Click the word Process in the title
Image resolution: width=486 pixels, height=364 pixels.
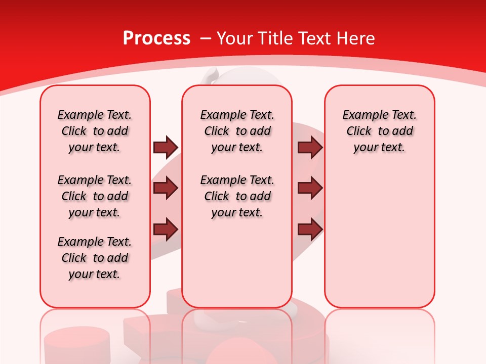pyautogui.click(x=156, y=38)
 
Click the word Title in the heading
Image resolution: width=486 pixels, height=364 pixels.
pyautogui.click(x=277, y=38)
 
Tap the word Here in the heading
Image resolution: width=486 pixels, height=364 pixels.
pyautogui.click(x=356, y=38)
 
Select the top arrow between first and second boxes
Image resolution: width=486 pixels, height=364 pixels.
pyautogui.click(x=165, y=147)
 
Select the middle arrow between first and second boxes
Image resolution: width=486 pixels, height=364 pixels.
pyautogui.click(x=165, y=189)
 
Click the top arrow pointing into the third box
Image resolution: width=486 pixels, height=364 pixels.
pyautogui.click(x=310, y=147)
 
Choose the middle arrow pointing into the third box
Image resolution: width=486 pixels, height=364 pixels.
pyautogui.click(x=310, y=189)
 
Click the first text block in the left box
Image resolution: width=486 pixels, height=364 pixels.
pyautogui.click(x=95, y=131)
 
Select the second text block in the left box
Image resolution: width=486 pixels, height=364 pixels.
pyautogui.click(x=95, y=196)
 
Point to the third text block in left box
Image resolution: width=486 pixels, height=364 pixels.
pyautogui.click(x=95, y=258)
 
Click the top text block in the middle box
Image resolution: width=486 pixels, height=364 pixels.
pyautogui.click(x=237, y=131)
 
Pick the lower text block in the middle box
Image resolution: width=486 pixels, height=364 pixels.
pyautogui.click(x=237, y=196)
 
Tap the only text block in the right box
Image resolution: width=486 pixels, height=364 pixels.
pyautogui.click(x=379, y=131)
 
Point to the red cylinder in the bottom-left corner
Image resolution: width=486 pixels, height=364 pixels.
pyautogui.click(x=76, y=344)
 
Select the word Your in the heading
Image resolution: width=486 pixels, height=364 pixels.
pyautogui.click(x=235, y=38)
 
